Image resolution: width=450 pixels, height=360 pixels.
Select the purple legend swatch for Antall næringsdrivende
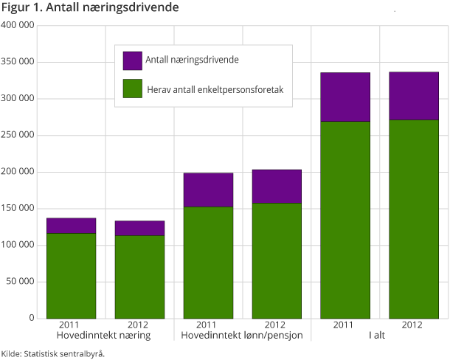coord(132,60)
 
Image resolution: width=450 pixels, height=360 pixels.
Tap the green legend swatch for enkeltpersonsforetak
coord(132,89)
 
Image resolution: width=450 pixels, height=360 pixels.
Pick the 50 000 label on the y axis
coord(19,282)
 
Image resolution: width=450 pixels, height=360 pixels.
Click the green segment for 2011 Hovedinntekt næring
coord(71,275)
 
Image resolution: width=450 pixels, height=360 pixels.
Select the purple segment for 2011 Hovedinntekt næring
coord(71,226)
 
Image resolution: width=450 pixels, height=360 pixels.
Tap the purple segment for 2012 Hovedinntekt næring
coord(139,228)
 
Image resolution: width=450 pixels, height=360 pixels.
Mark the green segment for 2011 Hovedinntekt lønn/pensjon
coord(208,262)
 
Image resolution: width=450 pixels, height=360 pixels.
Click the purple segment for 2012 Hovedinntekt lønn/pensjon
coord(277,186)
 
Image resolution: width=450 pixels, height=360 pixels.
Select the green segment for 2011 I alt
coord(345,219)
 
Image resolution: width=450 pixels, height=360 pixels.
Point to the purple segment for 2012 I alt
coord(414,95)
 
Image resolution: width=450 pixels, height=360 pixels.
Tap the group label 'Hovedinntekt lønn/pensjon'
coord(242,336)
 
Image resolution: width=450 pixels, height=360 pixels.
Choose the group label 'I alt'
coord(379,336)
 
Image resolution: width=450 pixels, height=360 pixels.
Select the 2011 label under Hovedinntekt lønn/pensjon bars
coord(208,325)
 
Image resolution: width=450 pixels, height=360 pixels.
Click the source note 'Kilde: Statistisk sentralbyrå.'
coord(53,353)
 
